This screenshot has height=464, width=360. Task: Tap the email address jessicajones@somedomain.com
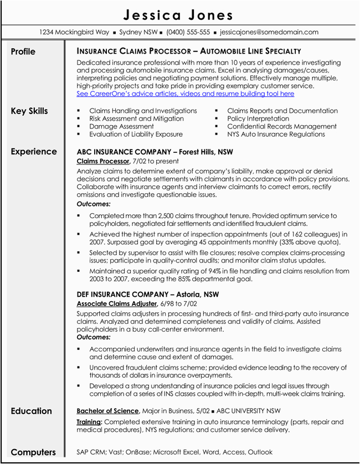tap(269, 32)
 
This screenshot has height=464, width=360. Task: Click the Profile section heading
tap(23, 52)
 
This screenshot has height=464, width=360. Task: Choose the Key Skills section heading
tap(29, 111)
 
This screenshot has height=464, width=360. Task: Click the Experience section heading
tap(34, 152)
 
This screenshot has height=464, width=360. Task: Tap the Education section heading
tap(31, 411)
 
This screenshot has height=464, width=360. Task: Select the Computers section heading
tap(33, 452)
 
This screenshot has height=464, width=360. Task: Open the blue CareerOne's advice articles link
tap(186, 94)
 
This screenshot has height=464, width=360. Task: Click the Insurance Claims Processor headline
tap(189, 51)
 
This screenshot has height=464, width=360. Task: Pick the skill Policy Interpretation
tap(258, 118)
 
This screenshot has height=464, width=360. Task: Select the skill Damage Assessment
tap(121, 126)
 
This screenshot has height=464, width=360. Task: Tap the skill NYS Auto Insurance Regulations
tap(276, 134)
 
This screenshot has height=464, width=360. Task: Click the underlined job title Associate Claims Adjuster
tap(116, 304)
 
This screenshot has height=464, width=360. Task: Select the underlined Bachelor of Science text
tap(107, 411)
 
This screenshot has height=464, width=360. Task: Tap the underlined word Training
tap(89, 422)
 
